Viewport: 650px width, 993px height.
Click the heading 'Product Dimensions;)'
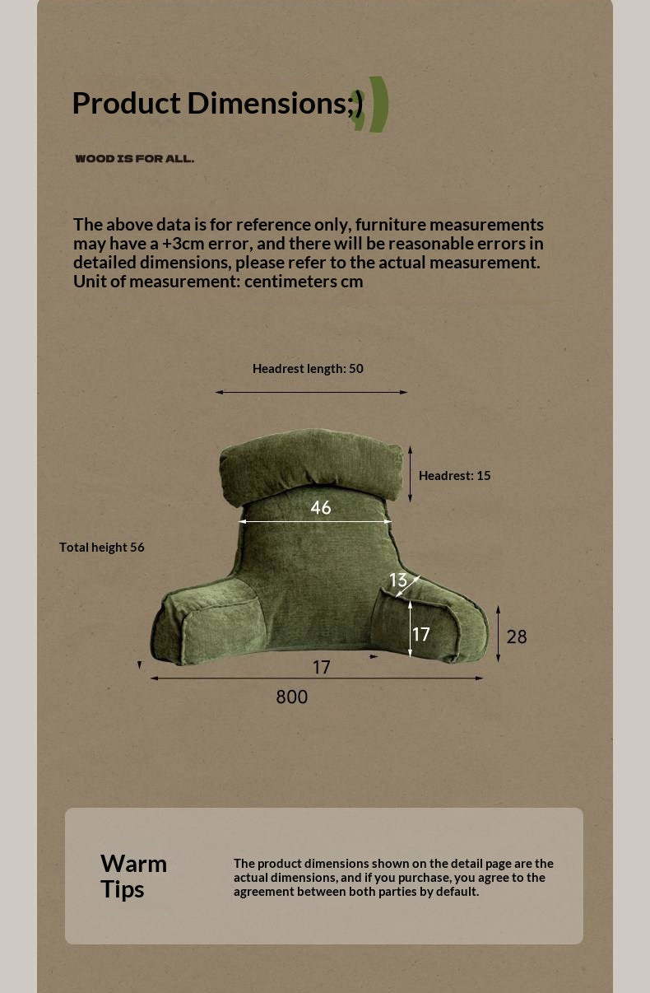[x=217, y=104]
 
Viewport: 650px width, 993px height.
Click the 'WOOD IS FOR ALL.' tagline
[x=134, y=159]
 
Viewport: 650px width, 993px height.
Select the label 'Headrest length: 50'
[x=308, y=369]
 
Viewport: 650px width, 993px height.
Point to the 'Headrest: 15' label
[x=454, y=476]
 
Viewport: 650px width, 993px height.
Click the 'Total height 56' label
[x=101, y=548]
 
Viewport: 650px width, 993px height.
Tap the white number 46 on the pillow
[x=321, y=508]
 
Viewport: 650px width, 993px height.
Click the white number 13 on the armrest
[x=398, y=580]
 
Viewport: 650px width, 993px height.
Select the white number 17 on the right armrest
[x=421, y=634]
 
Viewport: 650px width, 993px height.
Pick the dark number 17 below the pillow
[x=321, y=667]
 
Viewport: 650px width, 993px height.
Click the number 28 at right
[x=517, y=636]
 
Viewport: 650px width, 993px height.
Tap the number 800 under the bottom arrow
[x=291, y=697]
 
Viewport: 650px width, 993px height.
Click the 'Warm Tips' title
[x=133, y=876]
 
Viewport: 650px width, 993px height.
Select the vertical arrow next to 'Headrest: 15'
[x=410, y=473]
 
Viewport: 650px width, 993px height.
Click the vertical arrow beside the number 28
[x=498, y=634]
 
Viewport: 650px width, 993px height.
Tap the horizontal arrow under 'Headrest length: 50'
[x=311, y=392]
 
